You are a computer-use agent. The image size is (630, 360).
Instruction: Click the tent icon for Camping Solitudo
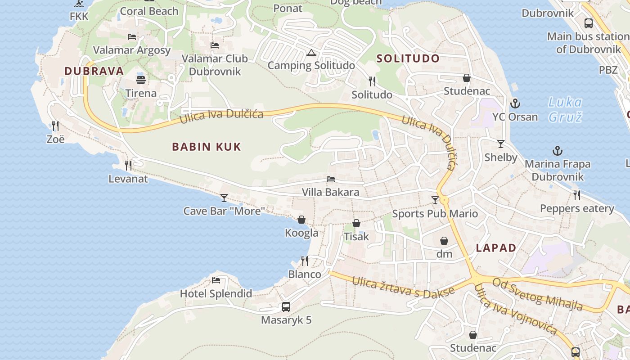310,53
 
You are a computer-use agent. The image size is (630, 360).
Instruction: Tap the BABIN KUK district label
207,147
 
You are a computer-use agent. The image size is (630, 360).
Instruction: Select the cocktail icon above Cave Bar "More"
224,198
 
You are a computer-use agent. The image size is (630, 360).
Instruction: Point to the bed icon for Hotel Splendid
216,280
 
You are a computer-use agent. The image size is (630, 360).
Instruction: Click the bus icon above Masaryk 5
286,307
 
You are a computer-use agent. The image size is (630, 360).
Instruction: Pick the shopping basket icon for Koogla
301,220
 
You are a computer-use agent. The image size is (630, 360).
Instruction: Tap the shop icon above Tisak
356,223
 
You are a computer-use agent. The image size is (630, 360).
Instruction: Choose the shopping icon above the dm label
444,241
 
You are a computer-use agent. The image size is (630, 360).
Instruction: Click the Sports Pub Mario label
435,213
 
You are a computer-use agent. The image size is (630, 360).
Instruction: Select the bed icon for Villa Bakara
331,179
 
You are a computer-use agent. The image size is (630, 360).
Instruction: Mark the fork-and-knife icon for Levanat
128,166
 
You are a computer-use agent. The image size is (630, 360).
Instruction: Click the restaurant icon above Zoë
55,126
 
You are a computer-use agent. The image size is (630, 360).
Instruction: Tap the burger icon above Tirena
141,80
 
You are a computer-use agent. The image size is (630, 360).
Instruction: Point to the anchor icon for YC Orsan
515,104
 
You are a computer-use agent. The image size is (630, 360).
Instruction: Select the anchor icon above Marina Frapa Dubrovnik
558,151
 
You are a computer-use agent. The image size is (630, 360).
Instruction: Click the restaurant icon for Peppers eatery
577,195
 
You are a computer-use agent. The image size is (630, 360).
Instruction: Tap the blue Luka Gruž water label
565,109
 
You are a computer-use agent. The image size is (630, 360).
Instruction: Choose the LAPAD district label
496,248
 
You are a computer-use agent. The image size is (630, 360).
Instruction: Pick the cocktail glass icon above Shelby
500,144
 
